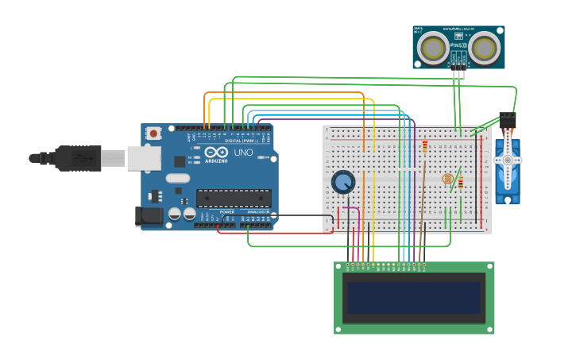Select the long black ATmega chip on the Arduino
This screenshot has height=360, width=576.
[x=234, y=198]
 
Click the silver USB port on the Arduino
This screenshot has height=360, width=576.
[x=142, y=158]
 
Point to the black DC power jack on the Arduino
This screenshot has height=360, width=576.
[x=149, y=215]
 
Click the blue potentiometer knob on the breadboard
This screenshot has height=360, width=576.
[x=343, y=182]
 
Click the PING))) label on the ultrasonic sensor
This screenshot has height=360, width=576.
[x=459, y=46]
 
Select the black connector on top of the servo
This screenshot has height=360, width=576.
[x=507, y=120]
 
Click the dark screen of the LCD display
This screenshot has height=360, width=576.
[x=413, y=297]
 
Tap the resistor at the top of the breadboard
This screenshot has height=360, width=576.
[x=425, y=147]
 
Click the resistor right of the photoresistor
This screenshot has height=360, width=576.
[x=461, y=184]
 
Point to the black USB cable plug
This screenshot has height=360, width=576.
[x=79, y=159]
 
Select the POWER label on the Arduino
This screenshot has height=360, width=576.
[x=227, y=212]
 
